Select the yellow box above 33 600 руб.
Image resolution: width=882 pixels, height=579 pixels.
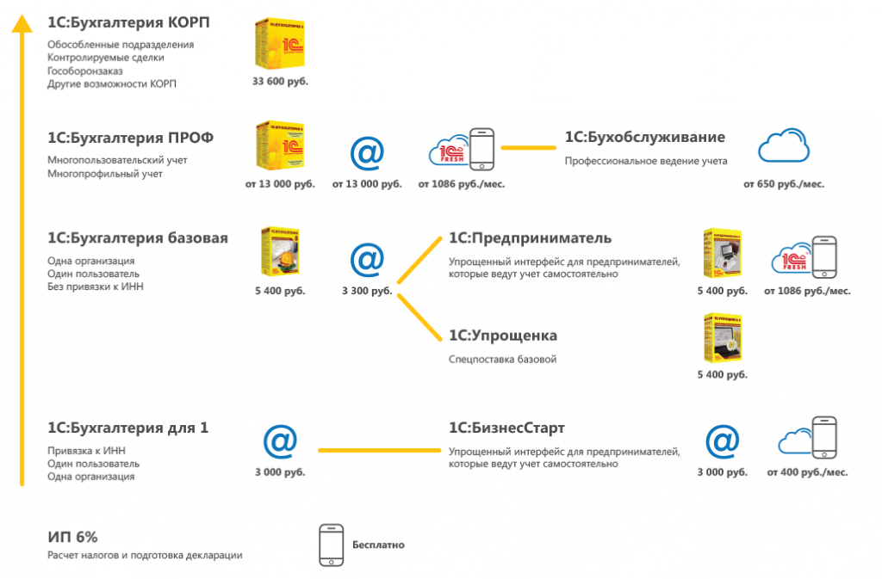[281, 43]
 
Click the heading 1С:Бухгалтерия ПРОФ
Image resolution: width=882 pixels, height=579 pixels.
[131, 138]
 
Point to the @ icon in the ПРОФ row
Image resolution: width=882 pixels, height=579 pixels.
[367, 151]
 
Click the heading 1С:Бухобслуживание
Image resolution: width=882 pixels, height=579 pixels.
[644, 138]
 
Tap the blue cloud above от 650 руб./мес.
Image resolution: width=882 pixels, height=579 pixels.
[784, 147]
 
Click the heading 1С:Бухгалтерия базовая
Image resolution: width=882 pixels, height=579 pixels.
[138, 238]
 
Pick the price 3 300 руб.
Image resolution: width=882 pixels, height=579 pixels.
[367, 291]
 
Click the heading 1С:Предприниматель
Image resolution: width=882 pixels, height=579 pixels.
[530, 238]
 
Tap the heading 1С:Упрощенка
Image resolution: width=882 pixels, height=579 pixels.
[503, 336]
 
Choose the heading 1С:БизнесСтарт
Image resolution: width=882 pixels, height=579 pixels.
[506, 428]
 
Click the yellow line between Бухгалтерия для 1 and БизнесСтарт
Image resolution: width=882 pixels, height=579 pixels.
[379, 449]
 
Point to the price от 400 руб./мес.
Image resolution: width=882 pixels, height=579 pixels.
[807, 472]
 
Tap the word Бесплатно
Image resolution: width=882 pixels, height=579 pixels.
[378, 545]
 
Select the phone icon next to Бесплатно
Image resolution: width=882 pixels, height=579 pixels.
[331, 545]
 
